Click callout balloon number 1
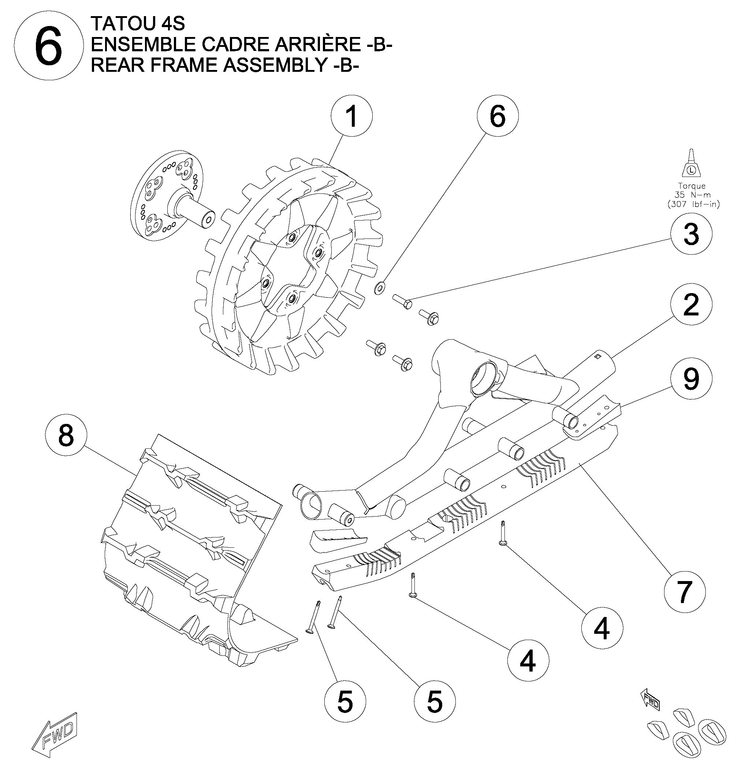pyautogui.click(x=351, y=116)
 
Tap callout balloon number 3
pyautogui.click(x=691, y=234)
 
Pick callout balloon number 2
pyautogui.click(x=691, y=304)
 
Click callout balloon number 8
pyautogui.click(x=66, y=435)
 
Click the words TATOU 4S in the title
pyautogui.click(x=138, y=24)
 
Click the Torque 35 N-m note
pyautogui.click(x=692, y=195)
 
